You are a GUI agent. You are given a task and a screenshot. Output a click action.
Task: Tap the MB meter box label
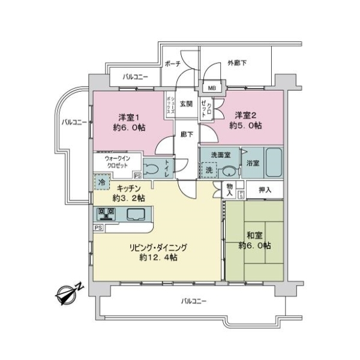tap(212, 88)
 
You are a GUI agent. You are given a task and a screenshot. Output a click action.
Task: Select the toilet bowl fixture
tap(151, 169)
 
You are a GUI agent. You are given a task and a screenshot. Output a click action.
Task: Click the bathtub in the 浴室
tap(274, 163)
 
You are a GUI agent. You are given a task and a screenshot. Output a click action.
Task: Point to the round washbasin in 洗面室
tap(229, 172)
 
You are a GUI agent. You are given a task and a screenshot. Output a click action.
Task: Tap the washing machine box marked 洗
tap(209, 170)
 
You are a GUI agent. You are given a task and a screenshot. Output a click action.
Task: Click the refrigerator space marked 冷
tap(102, 182)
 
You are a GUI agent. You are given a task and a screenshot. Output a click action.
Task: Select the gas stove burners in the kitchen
tap(106, 214)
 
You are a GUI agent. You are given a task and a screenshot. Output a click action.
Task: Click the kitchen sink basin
tap(136, 214)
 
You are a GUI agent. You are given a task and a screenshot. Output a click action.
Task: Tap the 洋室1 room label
tap(129, 118)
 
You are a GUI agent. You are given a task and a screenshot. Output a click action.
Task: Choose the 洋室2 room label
tap(245, 115)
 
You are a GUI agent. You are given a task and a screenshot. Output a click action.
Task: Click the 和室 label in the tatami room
tap(254, 235)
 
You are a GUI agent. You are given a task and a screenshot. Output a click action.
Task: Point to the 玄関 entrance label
tap(186, 104)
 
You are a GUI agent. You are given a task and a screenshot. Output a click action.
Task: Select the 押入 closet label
tap(265, 190)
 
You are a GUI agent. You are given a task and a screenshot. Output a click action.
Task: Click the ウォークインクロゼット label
tap(118, 162)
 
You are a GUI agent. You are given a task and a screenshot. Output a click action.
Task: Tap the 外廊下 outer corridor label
tap(237, 62)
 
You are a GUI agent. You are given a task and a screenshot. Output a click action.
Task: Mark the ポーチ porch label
tap(173, 64)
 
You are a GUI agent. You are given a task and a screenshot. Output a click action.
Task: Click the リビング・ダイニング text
tap(158, 247)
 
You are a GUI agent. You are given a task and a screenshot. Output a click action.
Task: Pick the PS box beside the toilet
tap(138, 176)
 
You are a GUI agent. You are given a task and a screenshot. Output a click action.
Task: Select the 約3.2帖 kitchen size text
tap(129, 198)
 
